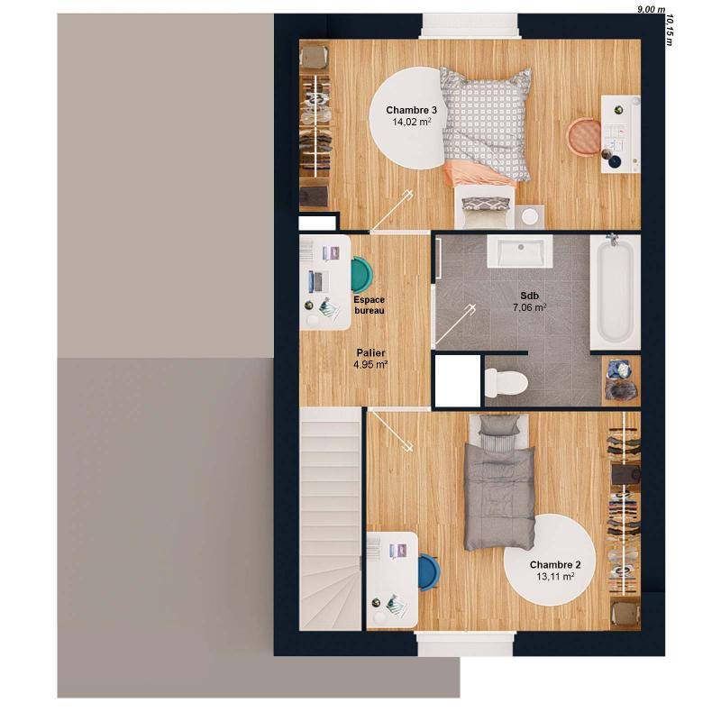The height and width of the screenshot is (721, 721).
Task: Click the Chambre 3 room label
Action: point(406,110)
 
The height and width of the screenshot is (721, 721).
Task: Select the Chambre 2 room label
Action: point(555,565)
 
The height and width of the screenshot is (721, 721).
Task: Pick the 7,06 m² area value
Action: point(530,307)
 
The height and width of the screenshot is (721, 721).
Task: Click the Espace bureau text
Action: point(369,305)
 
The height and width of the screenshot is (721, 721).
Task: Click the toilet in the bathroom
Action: point(505,382)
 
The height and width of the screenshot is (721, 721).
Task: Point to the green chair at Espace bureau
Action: point(361,274)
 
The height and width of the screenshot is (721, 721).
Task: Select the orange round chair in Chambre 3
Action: point(584,135)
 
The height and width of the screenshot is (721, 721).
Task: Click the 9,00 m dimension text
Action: point(649,9)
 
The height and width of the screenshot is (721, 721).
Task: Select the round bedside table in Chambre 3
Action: point(528,215)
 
